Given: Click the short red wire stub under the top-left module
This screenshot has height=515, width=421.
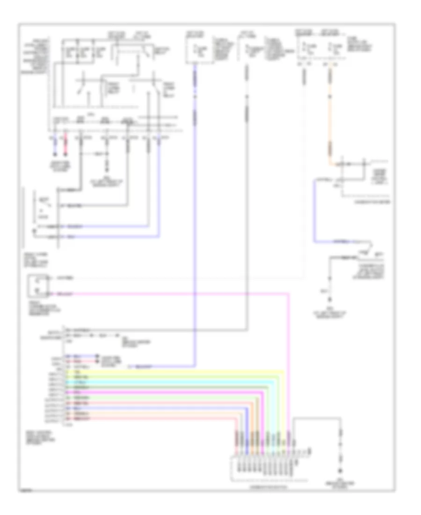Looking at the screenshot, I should (66, 146).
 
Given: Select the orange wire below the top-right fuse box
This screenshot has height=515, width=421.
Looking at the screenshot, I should (332, 117).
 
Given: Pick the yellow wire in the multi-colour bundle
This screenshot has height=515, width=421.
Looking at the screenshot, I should (187, 371).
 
